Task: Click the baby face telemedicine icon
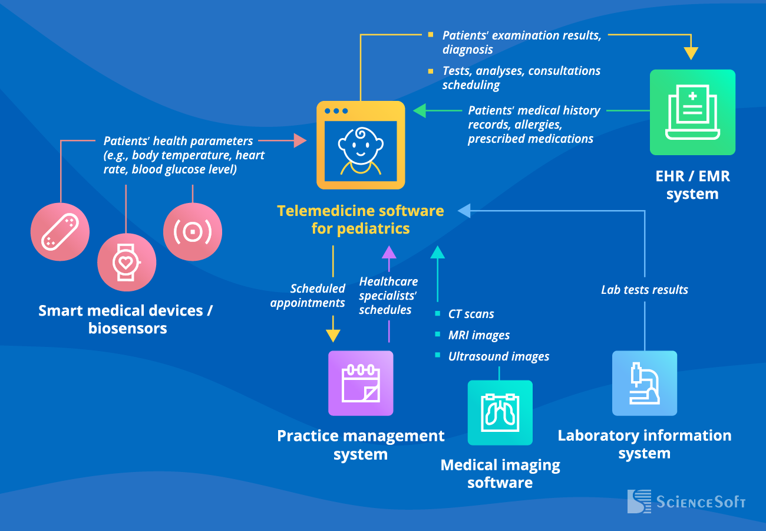[361, 145]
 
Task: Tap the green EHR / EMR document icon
[692, 112]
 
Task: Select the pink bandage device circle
[60, 231]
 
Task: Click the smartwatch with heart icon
[127, 262]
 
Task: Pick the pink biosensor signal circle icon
[193, 232]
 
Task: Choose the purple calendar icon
[361, 383]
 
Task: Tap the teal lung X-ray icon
[500, 412]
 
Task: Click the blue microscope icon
[645, 383]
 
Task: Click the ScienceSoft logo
[686, 501]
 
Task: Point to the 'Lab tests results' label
[645, 290]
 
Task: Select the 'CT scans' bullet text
[471, 314]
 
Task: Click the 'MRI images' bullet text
[478, 335]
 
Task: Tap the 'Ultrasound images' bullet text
[498, 356]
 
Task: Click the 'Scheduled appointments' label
[308, 296]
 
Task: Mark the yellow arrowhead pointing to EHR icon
[691, 54]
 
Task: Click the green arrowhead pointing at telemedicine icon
[419, 110]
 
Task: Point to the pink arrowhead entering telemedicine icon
[300, 140]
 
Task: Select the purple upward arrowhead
[388, 252]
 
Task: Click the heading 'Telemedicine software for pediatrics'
[361, 219]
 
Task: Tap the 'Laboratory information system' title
[645, 444]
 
